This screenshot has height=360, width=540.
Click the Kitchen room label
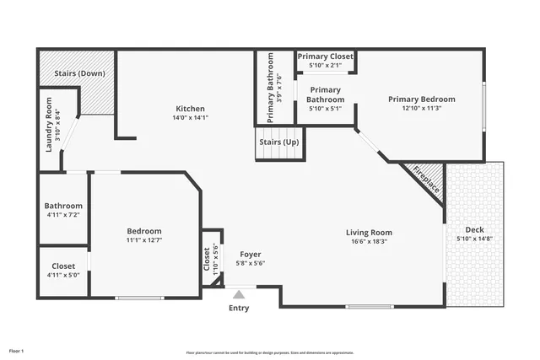(190, 108)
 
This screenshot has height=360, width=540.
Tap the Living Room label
(369, 233)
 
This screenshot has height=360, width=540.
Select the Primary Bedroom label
(421, 99)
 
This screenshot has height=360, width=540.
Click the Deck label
(475, 229)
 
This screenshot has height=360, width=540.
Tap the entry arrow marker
(240, 294)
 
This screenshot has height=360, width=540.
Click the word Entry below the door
(240, 308)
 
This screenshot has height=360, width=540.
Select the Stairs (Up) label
(278, 142)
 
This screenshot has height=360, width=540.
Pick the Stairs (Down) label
(79, 73)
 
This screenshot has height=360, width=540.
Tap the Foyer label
(251, 254)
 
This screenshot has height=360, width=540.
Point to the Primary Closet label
(325, 56)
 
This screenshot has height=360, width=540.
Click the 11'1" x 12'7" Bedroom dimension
(143, 241)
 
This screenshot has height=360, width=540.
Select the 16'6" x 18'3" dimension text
(369, 242)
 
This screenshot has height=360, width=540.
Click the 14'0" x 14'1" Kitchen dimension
(190, 117)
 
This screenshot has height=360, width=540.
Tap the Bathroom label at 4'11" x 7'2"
(63, 206)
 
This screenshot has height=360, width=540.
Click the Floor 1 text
(17, 350)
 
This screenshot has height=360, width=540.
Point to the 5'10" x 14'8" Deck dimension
(475, 239)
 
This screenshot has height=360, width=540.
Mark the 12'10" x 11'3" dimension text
(421, 108)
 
